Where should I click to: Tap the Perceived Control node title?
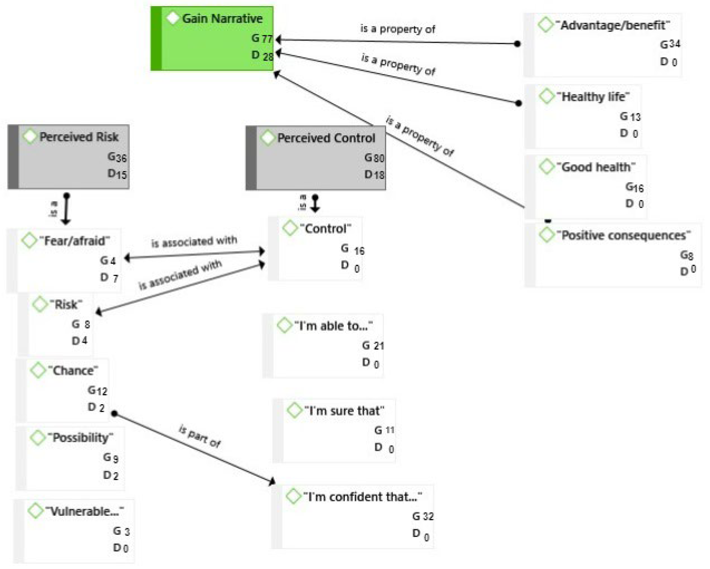pyautogui.click(x=326, y=138)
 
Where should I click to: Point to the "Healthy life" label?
pyautogui.click(x=593, y=97)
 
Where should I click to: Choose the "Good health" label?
pyautogui.click(x=596, y=167)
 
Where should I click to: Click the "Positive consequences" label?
pyautogui.click(x=623, y=235)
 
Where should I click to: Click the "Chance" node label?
pyautogui.click(x=73, y=371)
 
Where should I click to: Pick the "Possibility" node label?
pyautogui.click(x=80, y=438)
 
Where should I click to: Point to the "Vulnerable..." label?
pyautogui.click(x=84, y=511)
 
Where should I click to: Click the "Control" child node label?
pyautogui.click(x=325, y=229)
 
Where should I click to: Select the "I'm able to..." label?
pyautogui.click(x=333, y=326)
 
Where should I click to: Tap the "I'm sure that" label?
pyautogui.click(x=344, y=411)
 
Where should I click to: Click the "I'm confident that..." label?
pyautogui.click(x=362, y=496)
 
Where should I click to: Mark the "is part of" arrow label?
pyautogui.click(x=200, y=436)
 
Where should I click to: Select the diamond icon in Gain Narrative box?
pyautogui.click(x=173, y=18)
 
